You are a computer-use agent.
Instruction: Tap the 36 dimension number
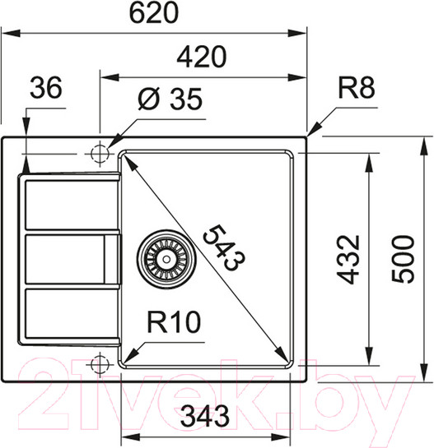46,89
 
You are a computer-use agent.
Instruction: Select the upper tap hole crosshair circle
100,153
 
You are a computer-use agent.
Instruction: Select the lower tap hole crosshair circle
100,363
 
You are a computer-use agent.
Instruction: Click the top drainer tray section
70,206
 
